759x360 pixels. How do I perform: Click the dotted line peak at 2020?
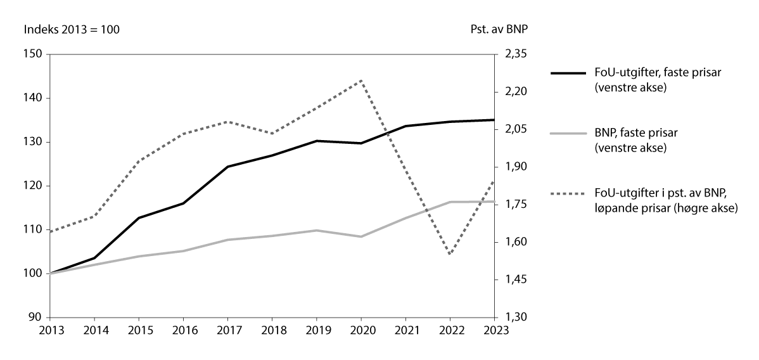tap(361, 80)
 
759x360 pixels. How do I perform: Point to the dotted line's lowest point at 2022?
tap(450, 254)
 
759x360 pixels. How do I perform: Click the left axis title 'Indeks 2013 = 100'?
tap(72, 29)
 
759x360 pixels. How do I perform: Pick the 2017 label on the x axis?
tap(227, 330)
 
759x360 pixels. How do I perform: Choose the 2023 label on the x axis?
tap(494, 330)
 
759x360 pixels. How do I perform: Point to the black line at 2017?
tap(227, 167)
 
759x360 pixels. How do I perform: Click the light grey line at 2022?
tap(450, 202)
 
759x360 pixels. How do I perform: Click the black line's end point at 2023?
tap(494, 120)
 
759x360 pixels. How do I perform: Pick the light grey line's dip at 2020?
tap(361, 236)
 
